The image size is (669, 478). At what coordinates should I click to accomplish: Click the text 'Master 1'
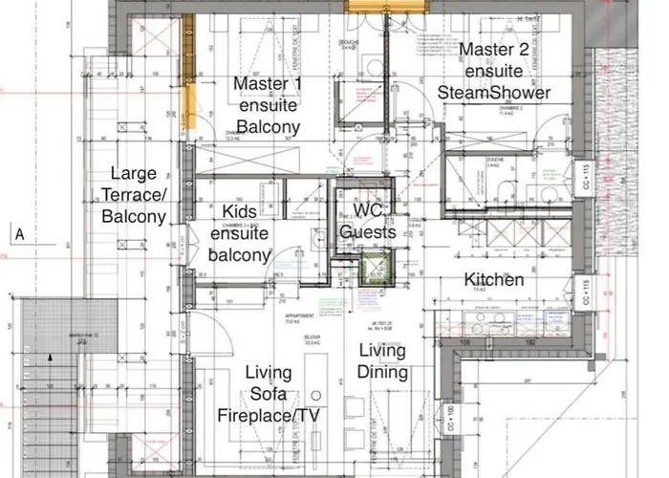click(269, 84)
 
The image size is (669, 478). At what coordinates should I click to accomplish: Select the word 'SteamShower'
click(493, 93)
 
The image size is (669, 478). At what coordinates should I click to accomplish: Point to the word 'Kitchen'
click(494, 280)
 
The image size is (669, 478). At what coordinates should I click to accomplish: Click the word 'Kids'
click(241, 211)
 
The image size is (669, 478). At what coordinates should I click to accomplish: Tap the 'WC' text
click(368, 211)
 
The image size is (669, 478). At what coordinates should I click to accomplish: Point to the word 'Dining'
click(382, 373)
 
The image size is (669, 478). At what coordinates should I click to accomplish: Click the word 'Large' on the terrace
click(134, 174)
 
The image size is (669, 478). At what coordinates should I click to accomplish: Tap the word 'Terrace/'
click(134, 195)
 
